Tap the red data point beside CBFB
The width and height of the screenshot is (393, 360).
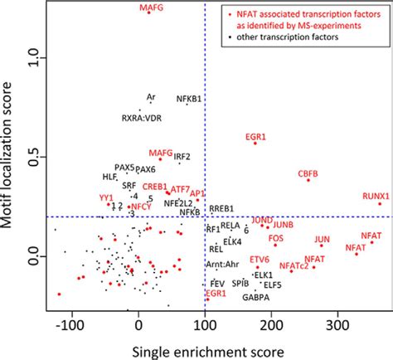(x=308, y=180)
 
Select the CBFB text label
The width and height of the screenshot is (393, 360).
(x=308, y=173)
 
